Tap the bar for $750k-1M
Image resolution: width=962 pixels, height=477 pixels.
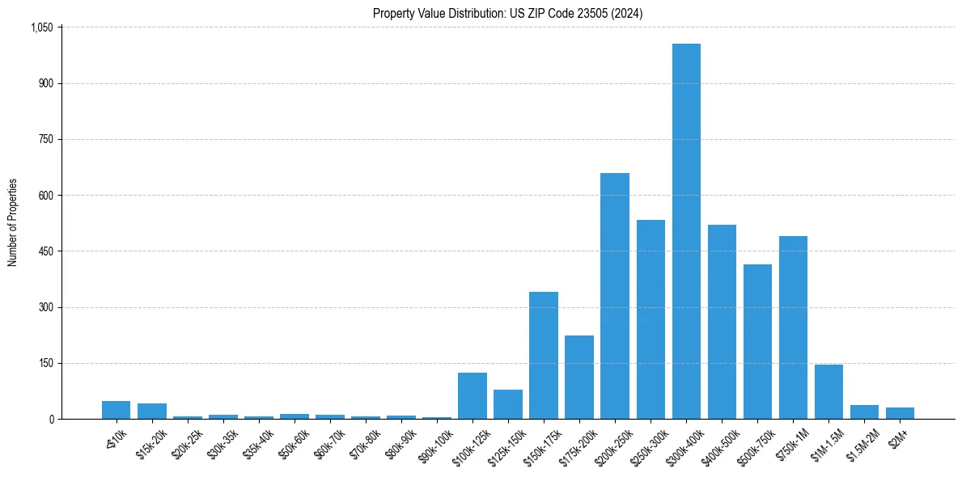[x=793, y=327]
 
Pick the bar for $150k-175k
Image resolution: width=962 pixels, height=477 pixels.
[x=544, y=356]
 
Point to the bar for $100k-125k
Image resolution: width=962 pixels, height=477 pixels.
[x=473, y=396]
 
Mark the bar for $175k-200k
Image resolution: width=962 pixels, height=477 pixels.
[x=579, y=378]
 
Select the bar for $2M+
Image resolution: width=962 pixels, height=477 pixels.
[x=900, y=413]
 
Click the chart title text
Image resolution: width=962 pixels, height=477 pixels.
[x=508, y=14]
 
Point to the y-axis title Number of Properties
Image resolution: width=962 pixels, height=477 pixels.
[x=13, y=222]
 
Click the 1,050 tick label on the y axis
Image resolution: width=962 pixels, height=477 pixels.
[x=41, y=27]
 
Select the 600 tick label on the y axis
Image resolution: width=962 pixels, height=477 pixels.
[x=45, y=196]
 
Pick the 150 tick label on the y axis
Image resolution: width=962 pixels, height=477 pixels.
[x=45, y=364]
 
